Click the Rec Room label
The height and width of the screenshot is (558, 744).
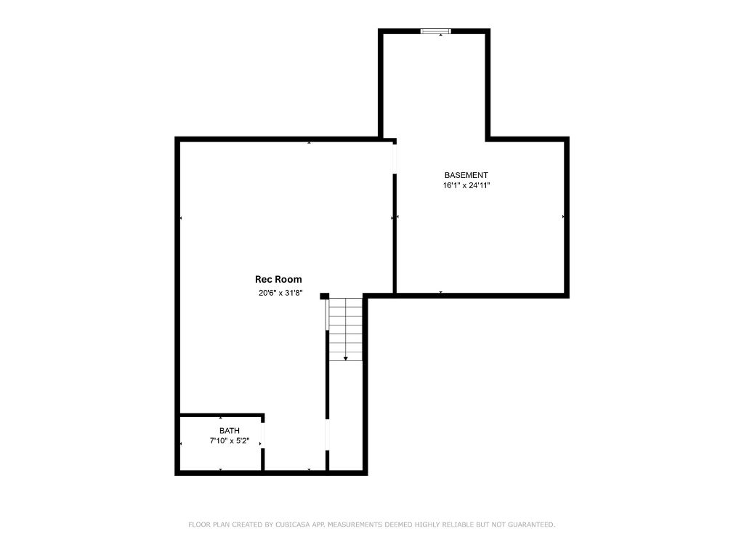278,280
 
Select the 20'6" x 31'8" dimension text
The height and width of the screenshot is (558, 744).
280,293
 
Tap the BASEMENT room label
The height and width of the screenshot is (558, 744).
466,175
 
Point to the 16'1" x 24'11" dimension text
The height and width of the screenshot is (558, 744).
466,185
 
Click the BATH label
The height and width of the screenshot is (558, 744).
230,431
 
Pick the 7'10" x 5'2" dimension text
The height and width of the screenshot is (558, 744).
230,441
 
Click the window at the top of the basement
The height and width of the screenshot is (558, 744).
436,31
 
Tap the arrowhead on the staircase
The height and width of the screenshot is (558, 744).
345,358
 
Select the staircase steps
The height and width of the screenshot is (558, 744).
346,329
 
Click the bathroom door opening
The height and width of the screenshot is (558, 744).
263,434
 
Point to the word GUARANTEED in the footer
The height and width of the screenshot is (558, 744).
531,525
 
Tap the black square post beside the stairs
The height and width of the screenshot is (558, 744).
325,296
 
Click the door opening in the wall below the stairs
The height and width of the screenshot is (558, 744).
328,434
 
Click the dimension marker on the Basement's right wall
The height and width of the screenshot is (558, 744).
563,217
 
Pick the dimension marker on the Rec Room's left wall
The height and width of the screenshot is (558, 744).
181,218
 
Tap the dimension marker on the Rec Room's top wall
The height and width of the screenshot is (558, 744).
309,142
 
